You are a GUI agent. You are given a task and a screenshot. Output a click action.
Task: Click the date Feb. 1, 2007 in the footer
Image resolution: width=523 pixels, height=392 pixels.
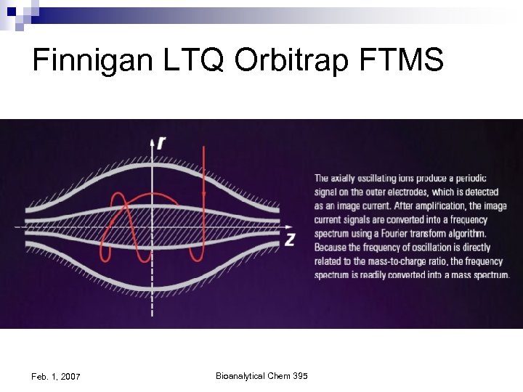click(56, 376)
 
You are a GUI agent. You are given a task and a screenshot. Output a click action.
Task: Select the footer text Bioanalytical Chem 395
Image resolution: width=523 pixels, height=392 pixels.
click(261, 375)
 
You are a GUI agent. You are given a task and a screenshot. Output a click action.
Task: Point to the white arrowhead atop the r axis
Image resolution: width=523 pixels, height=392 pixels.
click(152, 141)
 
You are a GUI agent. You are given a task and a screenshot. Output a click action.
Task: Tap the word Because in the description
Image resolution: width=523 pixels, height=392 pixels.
click(333, 248)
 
